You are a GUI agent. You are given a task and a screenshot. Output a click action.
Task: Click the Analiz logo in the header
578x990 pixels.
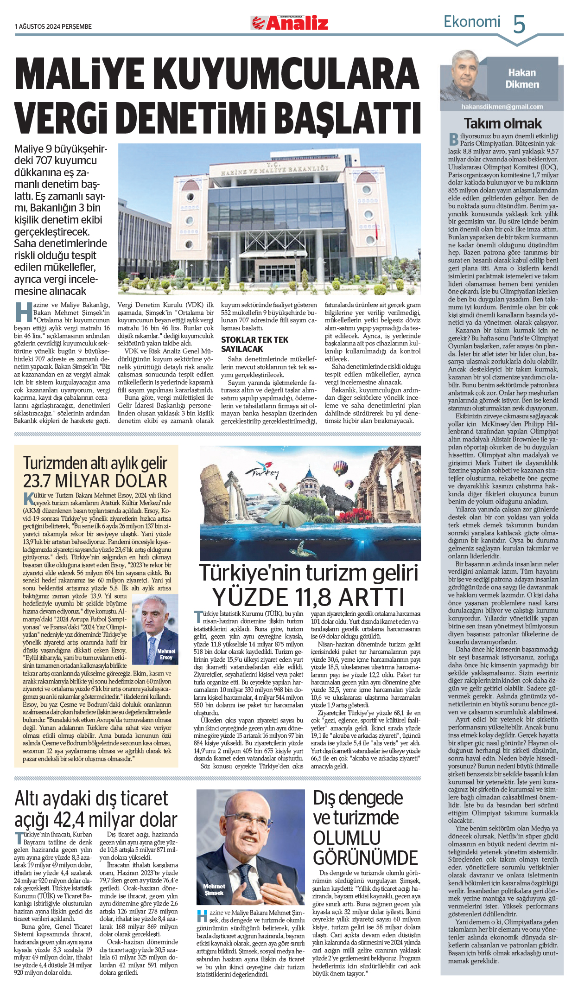(x=290, y=23)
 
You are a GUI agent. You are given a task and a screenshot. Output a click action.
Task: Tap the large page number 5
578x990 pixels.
(x=519, y=24)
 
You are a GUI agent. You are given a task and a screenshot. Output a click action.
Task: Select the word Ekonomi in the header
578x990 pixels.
(x=472, y=22)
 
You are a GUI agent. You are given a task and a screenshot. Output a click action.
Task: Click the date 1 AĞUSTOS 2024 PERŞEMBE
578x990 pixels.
(x=53, y=26)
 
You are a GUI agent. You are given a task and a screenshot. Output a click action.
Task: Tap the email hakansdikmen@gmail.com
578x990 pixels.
(x=502, y=107)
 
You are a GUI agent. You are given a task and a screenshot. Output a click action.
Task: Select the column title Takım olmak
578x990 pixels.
(x=502, y=123)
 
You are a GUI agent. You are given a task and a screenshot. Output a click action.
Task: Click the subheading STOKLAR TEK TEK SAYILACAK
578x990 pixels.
(x=254, y=345)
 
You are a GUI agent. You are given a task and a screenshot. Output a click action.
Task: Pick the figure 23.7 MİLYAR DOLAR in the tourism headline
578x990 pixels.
(x=95, y=481)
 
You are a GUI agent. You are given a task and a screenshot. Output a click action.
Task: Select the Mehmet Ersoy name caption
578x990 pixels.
(x=166, y=654)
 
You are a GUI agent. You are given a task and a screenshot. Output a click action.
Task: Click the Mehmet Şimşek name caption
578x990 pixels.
(x=214, y=889)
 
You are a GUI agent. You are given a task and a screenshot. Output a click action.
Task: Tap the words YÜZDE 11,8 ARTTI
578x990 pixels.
(x=308, y=597)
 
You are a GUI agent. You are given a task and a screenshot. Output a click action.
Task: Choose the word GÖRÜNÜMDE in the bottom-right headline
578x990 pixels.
(x=366, y=857)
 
